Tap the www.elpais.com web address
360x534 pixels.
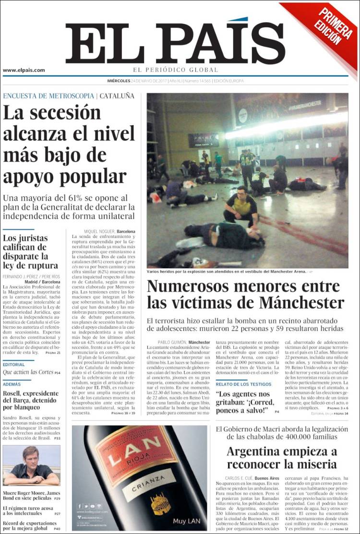24,70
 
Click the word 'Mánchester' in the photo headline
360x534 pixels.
301,303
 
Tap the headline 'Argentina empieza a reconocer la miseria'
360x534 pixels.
282,458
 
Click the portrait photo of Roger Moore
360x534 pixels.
31,465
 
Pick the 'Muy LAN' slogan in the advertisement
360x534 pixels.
186,520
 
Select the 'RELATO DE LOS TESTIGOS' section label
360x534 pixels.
243,384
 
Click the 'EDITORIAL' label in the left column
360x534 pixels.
13,365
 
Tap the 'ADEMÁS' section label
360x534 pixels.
12,384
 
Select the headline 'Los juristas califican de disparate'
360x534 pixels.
31,251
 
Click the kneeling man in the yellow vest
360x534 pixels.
241,206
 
